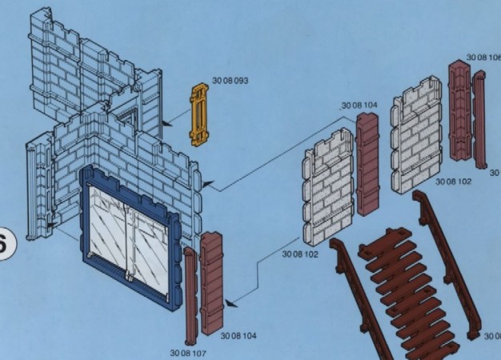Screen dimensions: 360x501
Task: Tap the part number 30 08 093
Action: pos(230,82)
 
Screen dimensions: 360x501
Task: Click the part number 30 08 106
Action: pos(483,57)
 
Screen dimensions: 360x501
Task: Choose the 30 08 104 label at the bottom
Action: pos(238,336)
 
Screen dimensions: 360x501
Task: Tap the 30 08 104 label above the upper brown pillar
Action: pos(359,105)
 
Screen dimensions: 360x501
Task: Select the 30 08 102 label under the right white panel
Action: pos(454,182)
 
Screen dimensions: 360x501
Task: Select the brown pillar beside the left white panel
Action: pos(368,165)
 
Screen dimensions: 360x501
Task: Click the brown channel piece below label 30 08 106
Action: pos(460,112)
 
